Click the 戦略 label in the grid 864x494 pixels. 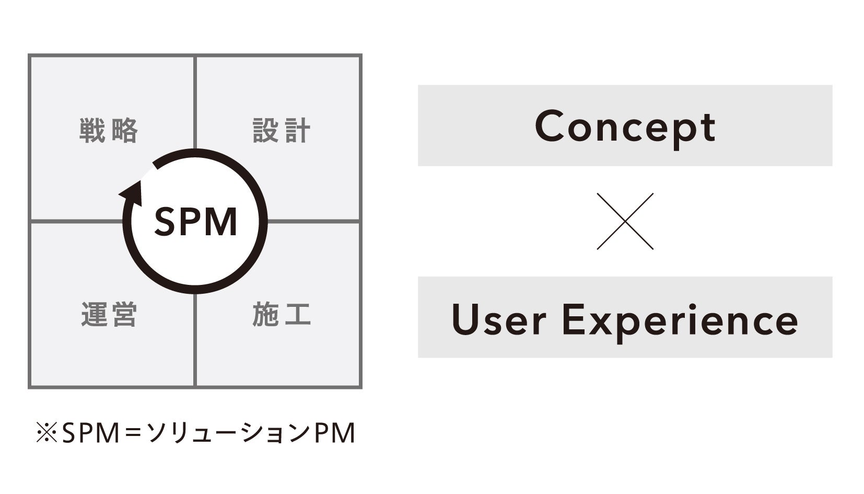coord(109,131)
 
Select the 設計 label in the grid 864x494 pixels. coord(282,131)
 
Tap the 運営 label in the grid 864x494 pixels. coord(109,315)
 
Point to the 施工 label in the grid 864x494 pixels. coord(282,315)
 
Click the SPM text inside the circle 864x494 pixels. coord(196,222)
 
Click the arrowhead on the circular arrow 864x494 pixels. coord(133,192)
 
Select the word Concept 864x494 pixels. coord(625,127)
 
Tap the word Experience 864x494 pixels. coord(680,320)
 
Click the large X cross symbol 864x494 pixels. coord(625,221)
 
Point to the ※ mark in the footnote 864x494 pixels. coord(46,433)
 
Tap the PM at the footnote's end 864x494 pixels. coord(335,433)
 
